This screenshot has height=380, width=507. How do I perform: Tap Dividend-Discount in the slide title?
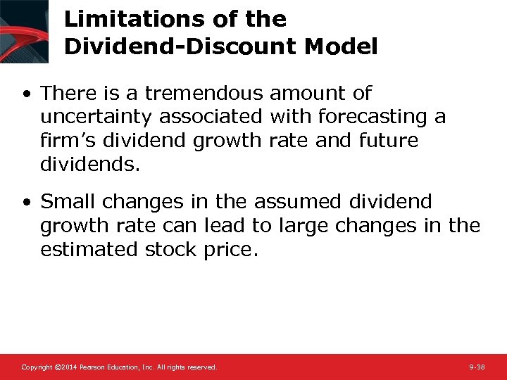tap(178, 46)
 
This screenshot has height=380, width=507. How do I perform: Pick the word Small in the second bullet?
tap(68, 202)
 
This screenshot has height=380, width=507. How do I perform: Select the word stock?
tap(173, 250)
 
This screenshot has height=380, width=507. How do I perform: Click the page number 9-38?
tap(477, 367)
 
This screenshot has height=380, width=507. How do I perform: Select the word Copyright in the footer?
tap(36, 367)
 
